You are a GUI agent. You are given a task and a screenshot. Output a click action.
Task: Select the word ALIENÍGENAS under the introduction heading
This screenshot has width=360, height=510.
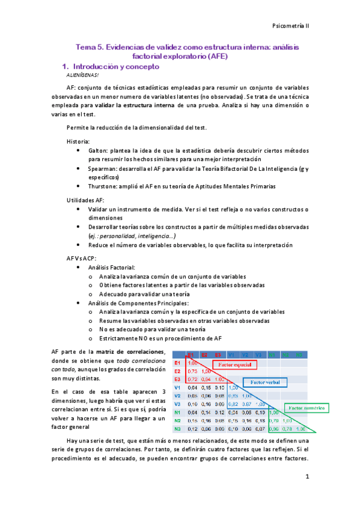point(82,76)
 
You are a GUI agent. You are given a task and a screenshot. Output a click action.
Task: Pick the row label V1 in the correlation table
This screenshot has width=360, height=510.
point(177,388)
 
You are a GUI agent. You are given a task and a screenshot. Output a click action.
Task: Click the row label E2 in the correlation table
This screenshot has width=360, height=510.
point(177,372)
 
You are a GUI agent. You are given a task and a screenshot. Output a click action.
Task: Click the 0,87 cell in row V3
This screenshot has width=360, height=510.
point(246,404)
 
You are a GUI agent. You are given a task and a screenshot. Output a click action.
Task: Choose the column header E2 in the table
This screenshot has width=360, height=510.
point(204,355)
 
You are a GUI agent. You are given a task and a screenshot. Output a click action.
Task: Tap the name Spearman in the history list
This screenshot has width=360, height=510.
point(102,170)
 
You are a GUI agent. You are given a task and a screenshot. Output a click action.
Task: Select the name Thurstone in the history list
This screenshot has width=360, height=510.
point(103,187)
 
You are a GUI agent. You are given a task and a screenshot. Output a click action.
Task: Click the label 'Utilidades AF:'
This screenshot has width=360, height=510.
point(86,200)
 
